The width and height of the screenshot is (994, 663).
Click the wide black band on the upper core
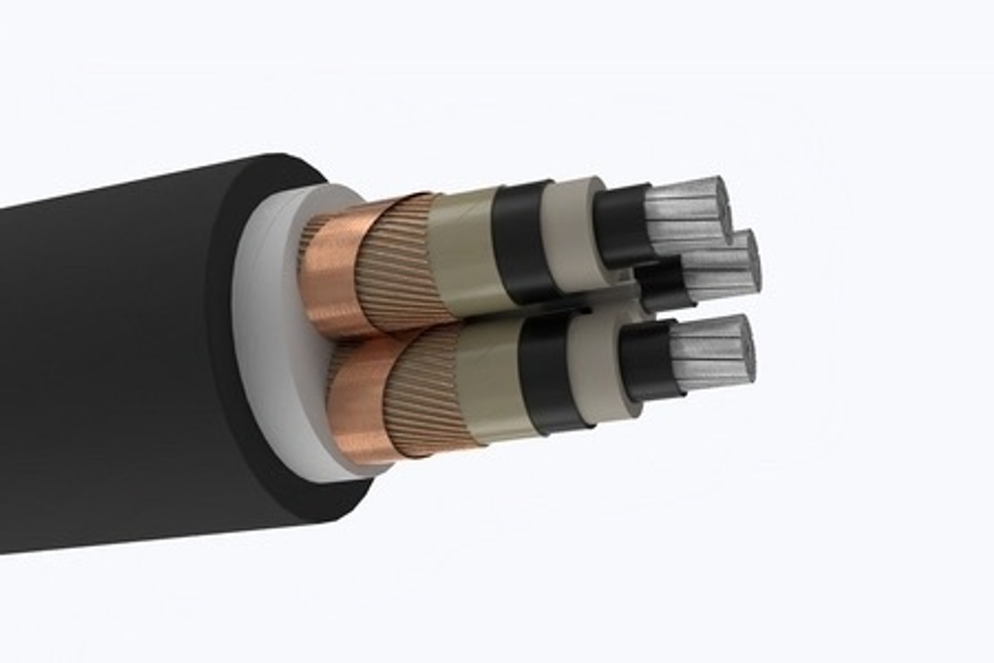click(523, 239)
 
